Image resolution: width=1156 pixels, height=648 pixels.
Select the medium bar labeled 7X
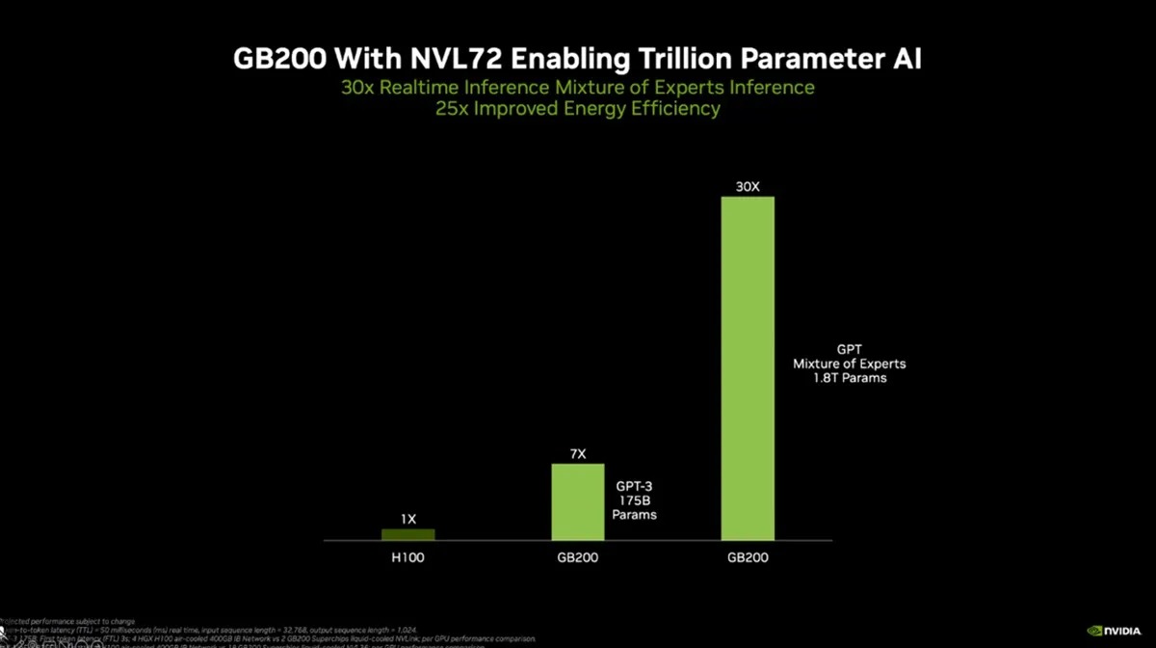[577, 501]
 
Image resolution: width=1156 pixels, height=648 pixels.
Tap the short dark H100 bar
[407, 534]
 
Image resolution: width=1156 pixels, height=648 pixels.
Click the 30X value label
[748, 186]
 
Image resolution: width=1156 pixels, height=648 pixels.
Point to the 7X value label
[577, 452]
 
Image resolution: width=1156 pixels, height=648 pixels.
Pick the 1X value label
[407, 519]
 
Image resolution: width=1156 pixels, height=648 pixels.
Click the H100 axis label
[407, 557]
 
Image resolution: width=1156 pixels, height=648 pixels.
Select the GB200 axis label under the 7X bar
[577, 557]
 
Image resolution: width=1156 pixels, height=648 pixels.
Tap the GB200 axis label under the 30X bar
[748, 557]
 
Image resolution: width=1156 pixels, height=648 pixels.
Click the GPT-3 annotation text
[634, 484]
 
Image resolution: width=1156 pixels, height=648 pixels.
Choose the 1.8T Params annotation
[849, 379]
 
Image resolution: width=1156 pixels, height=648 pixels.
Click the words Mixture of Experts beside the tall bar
[849, 364]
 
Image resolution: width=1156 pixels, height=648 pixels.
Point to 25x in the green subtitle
[456, 109]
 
